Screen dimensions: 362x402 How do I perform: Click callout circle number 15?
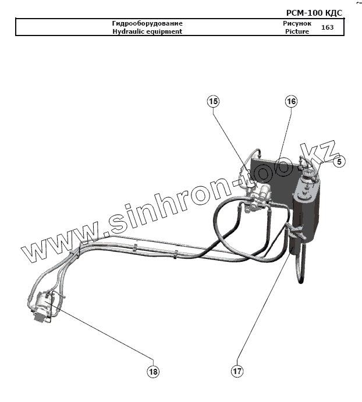click(214, 101)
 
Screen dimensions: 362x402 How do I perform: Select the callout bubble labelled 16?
click(291, 101)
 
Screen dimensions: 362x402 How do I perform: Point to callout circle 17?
click(237, 370)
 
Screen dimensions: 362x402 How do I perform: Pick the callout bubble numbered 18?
click(153, 370)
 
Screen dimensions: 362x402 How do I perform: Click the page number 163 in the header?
click(327, 27)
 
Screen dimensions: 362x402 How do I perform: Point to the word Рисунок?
click(297, 23)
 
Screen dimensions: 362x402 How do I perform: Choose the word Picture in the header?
click(297, 31)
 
